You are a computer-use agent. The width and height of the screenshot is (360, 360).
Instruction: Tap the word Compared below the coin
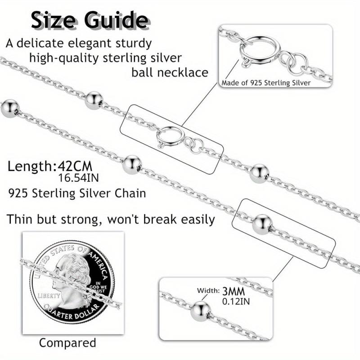point(67,342)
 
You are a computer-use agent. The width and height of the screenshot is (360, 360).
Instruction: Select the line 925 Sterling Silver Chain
point(77,193)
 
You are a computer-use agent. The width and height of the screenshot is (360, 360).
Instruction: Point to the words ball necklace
point(170,72)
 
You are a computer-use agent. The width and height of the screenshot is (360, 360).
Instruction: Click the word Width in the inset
point(208,290)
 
